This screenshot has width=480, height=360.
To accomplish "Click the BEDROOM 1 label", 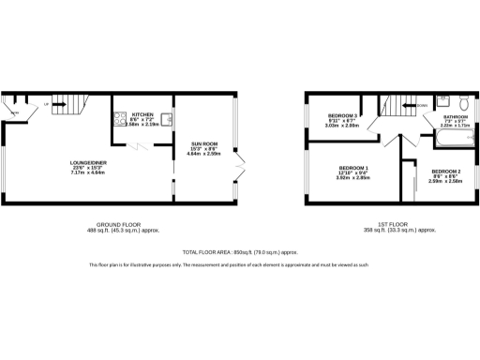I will (353, 166).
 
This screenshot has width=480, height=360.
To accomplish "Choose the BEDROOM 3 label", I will (344, 114).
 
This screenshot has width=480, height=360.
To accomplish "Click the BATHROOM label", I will (457, 117).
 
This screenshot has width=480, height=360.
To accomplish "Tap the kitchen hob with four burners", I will (120, 119).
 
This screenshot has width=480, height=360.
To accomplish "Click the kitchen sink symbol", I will (165, 118).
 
